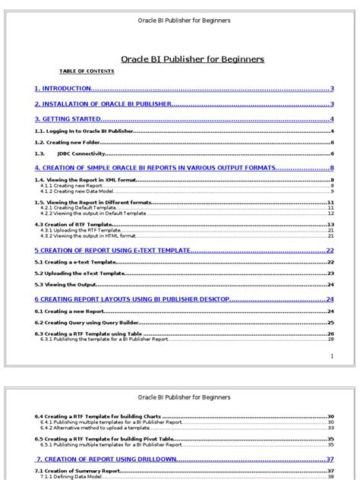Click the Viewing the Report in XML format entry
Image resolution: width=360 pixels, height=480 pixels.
tap(76, 179)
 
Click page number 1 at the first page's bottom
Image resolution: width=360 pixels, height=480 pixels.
tap(332, 355)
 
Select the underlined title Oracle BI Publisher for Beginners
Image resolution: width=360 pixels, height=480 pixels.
tap(193, 58)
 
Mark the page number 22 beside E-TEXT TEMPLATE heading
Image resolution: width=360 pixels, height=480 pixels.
tap(330, 250)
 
